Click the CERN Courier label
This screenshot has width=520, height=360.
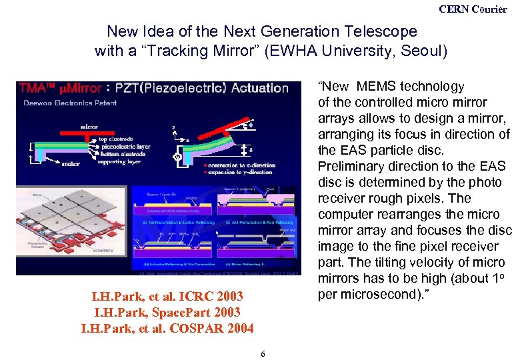coord(473,9)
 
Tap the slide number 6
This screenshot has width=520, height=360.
coord(264,353)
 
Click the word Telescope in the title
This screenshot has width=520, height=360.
coord(379,31)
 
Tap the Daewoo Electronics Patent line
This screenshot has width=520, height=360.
coord(61,102)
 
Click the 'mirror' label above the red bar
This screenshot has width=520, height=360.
coord(93,126)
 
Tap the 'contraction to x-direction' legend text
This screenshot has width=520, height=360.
coord(233,165)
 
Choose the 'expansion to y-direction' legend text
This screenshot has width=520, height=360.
coord(232,172)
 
